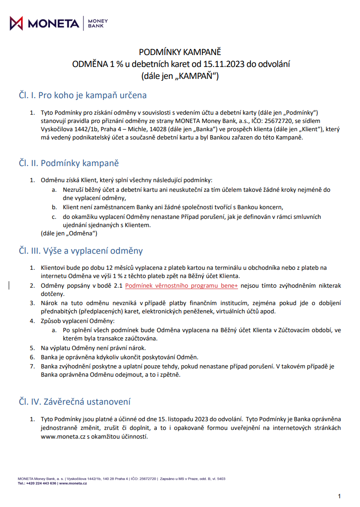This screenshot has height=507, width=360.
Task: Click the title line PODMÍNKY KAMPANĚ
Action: tap(180, 52)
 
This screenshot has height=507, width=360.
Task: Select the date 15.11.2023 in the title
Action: tap(225, 64)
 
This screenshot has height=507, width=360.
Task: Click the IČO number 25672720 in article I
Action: tap(272, 121)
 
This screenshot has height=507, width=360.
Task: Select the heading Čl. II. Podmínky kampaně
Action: tap(69, 163)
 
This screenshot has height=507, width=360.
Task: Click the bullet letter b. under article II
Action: tap(53, 207)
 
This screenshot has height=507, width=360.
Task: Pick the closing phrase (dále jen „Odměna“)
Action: tap(69, 234)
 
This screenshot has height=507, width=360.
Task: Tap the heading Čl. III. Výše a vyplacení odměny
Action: tap(81, 251)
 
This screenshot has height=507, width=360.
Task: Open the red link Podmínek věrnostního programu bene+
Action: tap(181, 285)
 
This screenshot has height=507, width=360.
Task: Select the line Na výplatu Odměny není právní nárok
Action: tap(93, 348)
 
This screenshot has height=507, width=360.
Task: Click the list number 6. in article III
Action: tap(33, 357)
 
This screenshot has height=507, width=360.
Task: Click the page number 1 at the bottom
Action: tap(339, 496)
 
